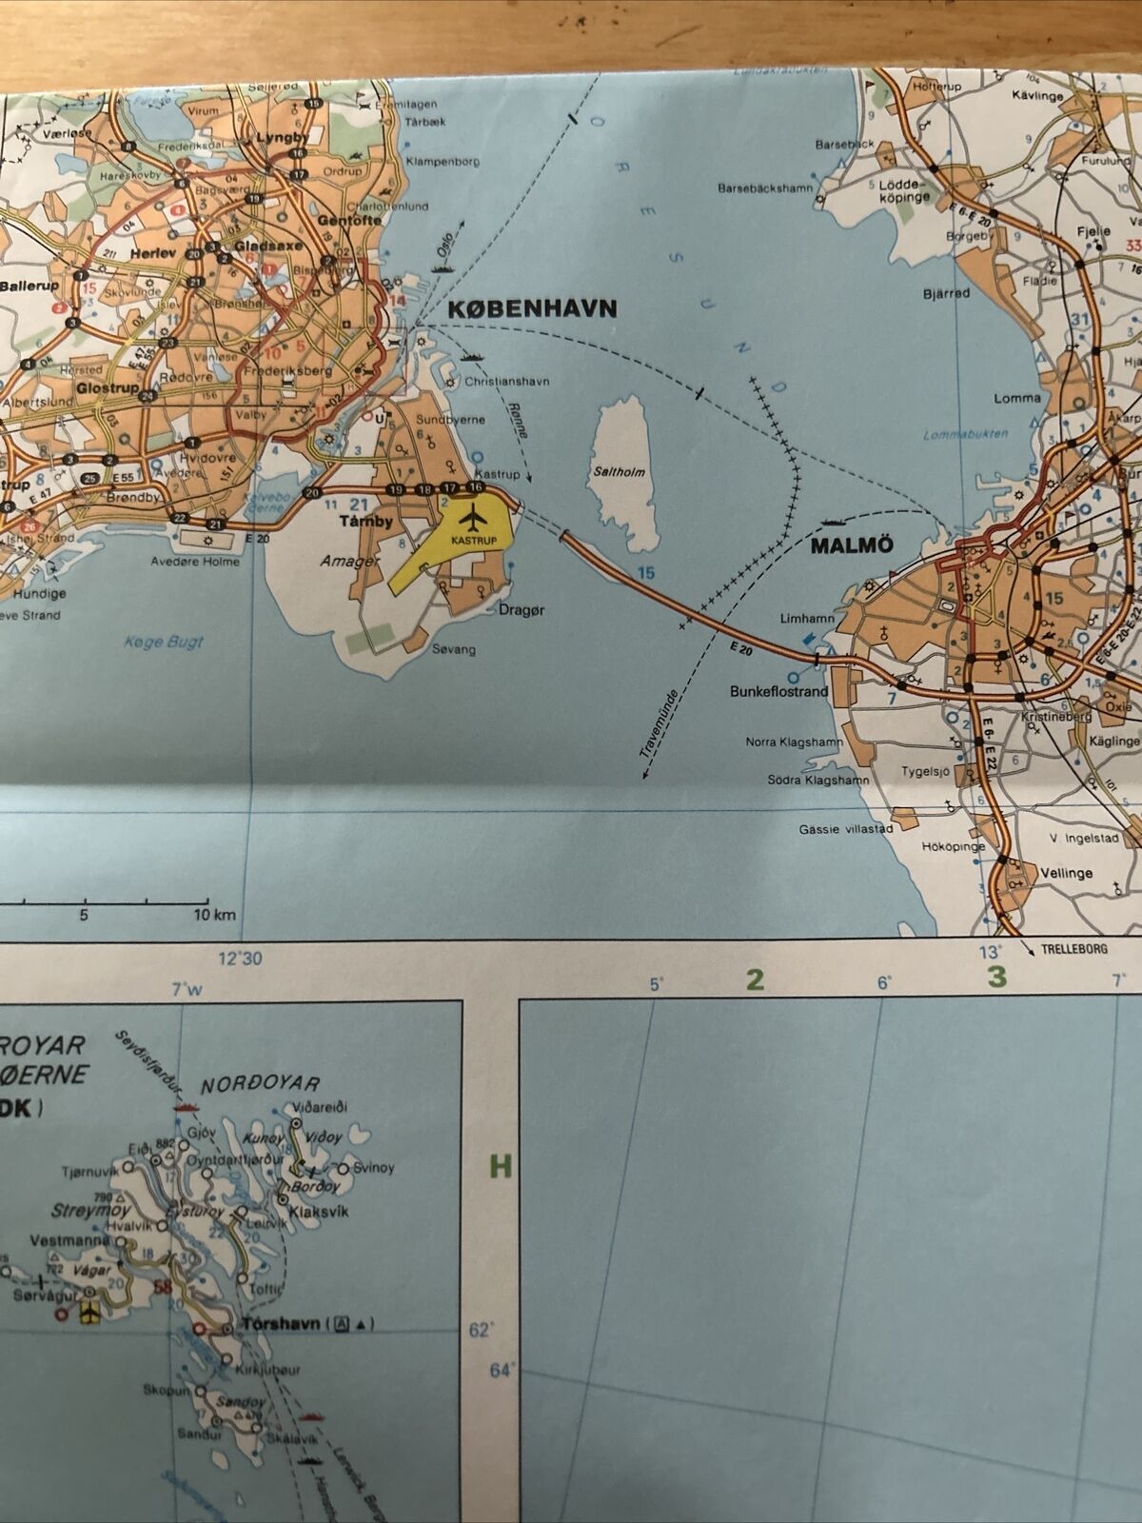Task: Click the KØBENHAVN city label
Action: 532,308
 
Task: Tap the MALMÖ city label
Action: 852,545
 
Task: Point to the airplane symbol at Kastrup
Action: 472,520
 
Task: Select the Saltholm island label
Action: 619,472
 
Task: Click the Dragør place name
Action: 522,610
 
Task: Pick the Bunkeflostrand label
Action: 778,692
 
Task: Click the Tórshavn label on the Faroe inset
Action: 281,1324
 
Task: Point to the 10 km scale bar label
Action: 214,915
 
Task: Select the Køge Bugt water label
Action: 164,642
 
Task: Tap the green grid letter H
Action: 501,1166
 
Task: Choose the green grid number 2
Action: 755,979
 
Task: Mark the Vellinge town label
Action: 1066,873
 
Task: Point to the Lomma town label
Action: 1016,398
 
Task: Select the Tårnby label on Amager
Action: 366,522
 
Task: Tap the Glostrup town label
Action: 107,388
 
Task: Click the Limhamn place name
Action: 807,619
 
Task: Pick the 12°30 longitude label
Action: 240,959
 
